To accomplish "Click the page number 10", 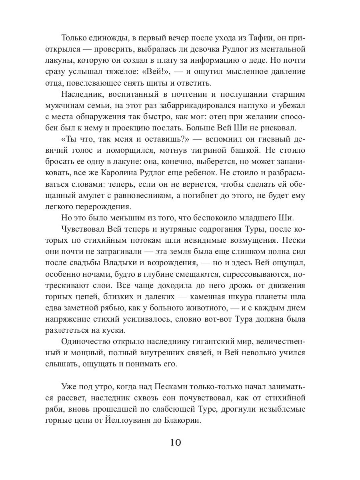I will pos(176,443).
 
